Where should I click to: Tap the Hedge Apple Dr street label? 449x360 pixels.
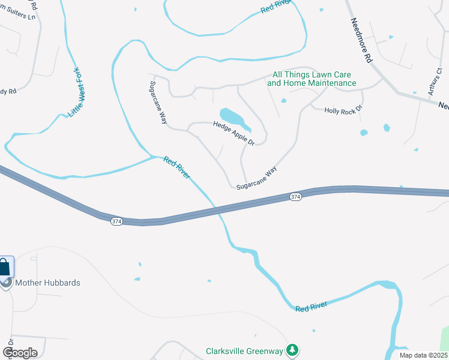tap(234, 133)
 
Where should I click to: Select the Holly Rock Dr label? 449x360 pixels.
tap(343, 110)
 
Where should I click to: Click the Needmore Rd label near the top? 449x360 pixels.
tap(361, 39)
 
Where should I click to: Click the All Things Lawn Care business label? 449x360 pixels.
tap(312, 79)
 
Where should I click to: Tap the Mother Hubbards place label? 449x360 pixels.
tap(47, 283)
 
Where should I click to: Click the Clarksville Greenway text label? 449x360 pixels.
tap(244, 350)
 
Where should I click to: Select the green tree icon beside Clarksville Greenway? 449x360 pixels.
tap(292, 349)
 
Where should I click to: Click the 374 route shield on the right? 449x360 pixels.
tap(295, 197)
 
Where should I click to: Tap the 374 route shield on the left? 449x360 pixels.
tap(116, 221)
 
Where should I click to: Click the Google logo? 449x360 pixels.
tap(19, 352)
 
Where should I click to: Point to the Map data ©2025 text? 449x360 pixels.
tap(423, 355)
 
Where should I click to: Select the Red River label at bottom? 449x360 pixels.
tap(311, 307)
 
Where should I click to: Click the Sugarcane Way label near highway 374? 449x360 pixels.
tap(256, 179)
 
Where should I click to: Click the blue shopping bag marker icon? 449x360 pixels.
tap(5, 266)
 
